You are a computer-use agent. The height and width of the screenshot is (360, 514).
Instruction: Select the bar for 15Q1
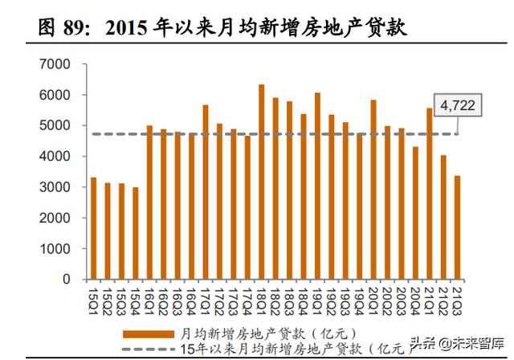(x=94, y=228)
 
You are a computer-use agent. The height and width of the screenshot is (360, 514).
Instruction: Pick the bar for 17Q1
(x=206, y=192)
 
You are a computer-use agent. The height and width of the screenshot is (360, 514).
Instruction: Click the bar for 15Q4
(x=136, y=233)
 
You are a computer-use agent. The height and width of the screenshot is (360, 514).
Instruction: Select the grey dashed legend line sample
(x=149, y=347)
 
